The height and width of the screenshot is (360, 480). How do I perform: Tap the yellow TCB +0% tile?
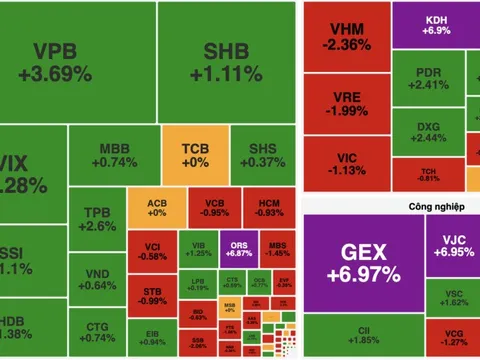(196, 155)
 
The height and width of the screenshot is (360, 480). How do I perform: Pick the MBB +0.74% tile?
(118, 155)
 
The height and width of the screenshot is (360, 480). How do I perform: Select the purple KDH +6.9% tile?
(435, 23)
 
